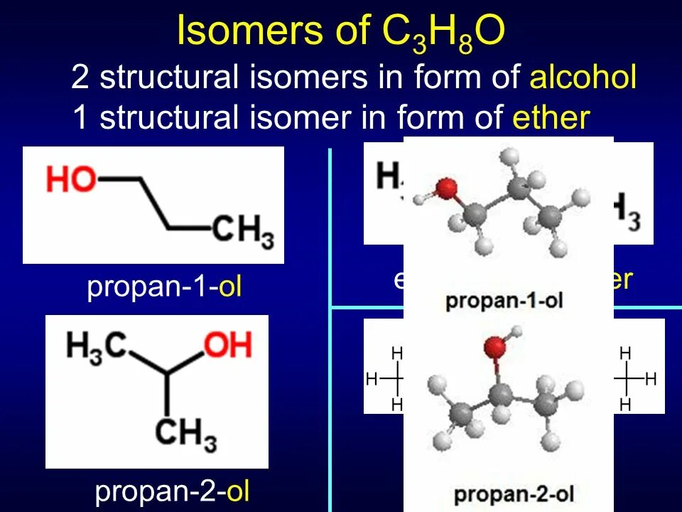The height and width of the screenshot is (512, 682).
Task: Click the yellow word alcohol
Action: pos(583,78)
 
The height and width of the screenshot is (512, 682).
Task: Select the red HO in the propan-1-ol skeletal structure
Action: pos(71,180)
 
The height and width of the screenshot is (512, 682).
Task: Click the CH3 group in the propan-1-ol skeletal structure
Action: pos(242,232)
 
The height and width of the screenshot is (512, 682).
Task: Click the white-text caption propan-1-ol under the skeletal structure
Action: pos(165,287)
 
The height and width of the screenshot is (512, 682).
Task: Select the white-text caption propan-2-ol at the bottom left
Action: pos(172,491)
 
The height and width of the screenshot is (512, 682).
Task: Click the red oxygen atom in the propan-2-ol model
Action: pos(495,348)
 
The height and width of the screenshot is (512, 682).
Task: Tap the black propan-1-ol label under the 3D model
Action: pos(504,300)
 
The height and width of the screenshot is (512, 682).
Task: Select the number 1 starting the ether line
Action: pos(80,118)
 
